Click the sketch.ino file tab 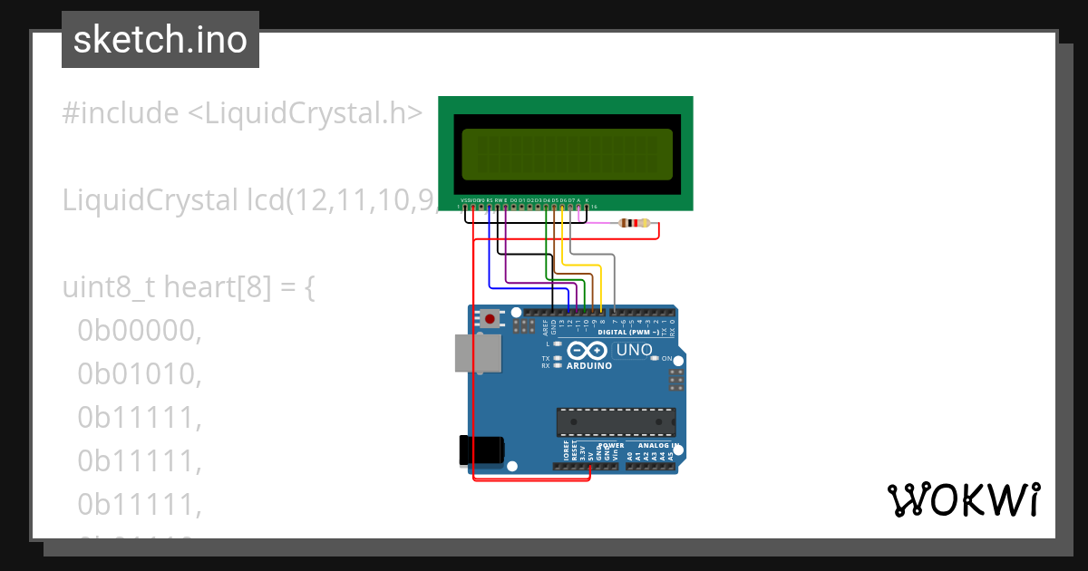coord(160,40)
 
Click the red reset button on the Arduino coord(491,318)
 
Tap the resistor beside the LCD coord(635,223)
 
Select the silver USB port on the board coord(478,353)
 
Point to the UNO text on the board coord(635,350)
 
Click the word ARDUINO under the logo coord(589,366)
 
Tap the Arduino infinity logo coord(588,351)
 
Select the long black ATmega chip coord(616,421)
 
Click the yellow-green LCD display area coord(567,154)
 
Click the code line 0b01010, coord(139,374)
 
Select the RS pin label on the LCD coord(490,199)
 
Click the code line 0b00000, coord(139,332)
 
